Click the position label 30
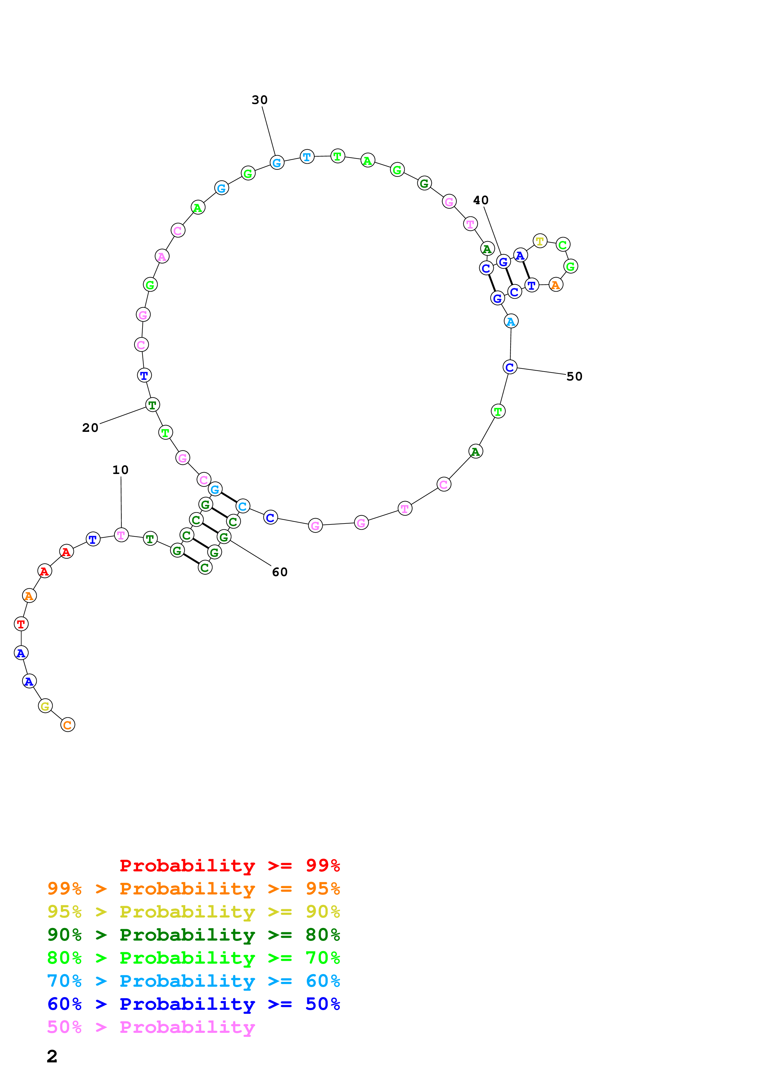(259, 100)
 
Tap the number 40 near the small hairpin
(480, 200)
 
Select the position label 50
(574, 376)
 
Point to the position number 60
(280, 572)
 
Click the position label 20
(90, 428)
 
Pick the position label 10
(120, 470)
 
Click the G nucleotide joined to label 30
(277, 163)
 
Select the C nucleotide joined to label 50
(510, 367)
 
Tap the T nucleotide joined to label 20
(152, 405)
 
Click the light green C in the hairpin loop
(563, 244)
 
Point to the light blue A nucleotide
(511, 321)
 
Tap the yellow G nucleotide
(45, 706)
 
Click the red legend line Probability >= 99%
(229, 866)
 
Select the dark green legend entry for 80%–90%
(193, 935)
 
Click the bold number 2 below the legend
(52, 1057)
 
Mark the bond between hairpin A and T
(526, 270)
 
